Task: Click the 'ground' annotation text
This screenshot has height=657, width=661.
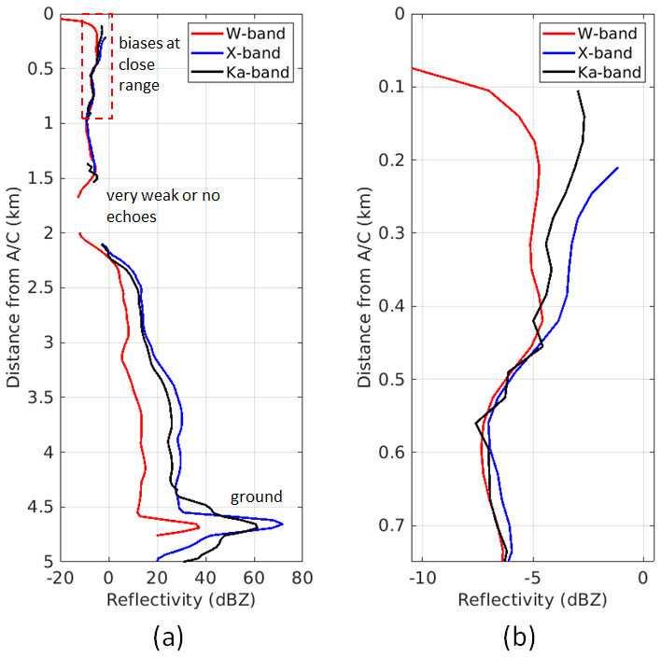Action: pyautogui.click(x=256, y=496)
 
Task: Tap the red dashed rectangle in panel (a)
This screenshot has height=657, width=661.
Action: pyautogui.click(x=97, y=66)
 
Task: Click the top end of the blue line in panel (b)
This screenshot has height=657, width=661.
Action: pyautogui.click(x=618, y=168)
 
